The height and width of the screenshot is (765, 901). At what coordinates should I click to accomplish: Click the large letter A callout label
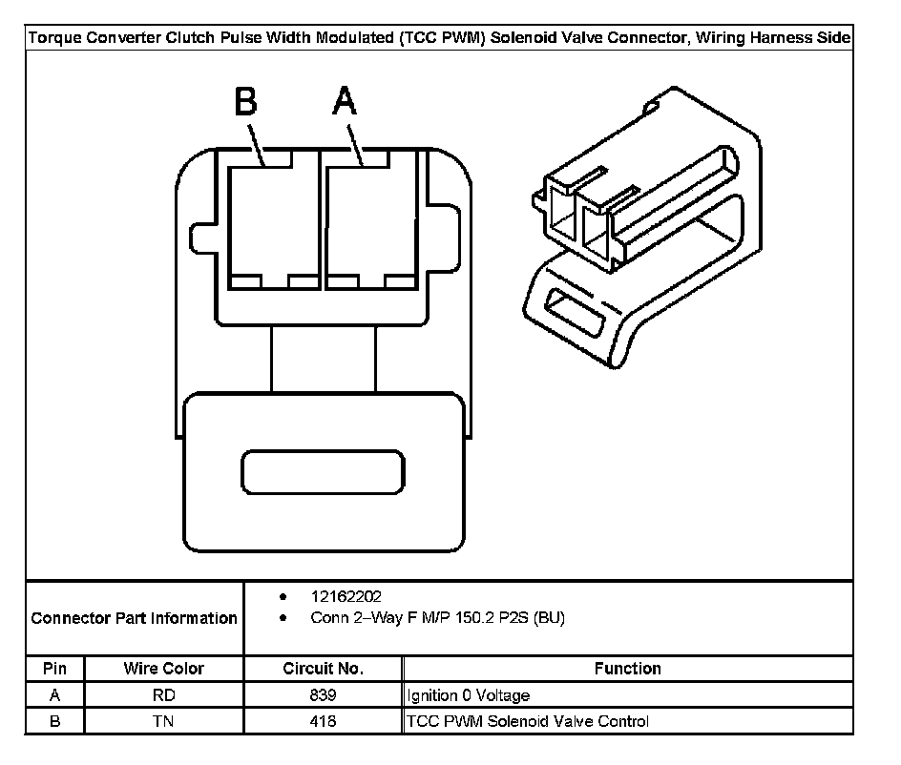pos(345,101)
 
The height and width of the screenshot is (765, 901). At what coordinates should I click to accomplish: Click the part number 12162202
pos(346,597)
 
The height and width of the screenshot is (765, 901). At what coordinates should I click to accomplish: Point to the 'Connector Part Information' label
pos(135,618)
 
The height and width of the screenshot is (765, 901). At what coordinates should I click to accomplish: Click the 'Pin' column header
pos(54,669)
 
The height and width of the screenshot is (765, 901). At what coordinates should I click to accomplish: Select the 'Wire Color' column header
pos(164,669)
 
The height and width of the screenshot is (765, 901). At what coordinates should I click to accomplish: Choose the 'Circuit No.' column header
pos(324,669)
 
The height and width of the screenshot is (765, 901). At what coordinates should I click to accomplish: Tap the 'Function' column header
pos(627,669)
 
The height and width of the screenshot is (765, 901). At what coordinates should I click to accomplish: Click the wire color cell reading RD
pos(164,695)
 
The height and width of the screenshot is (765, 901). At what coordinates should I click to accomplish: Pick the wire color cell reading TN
pos(164,721)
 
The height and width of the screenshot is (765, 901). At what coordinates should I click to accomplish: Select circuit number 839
pos(324,695)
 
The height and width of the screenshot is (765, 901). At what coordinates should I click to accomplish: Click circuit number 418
pos(324,721)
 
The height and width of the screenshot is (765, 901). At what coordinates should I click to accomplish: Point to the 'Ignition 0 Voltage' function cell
pos(468,695)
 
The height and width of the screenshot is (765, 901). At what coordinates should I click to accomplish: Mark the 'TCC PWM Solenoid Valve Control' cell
pos(528,721)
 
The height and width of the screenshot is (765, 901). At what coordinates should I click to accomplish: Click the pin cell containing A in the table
pos(54,695)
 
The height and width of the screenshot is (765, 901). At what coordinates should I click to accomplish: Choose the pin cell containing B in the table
pos(54,721)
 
